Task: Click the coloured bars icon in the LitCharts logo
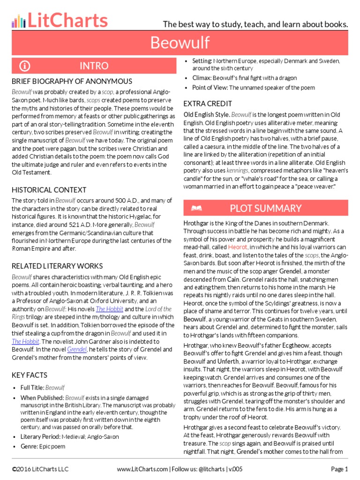tap(18, 21)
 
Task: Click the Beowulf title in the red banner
tap(180, 43)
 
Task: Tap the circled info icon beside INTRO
tap(25, 66)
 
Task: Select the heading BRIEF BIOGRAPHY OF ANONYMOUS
tap(72, 82)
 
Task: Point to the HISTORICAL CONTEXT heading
tap(49, 190)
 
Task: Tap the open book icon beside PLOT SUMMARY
tap(197, 208)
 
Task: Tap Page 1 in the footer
tap(339, 469)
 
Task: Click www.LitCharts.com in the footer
tap(142, 469)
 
